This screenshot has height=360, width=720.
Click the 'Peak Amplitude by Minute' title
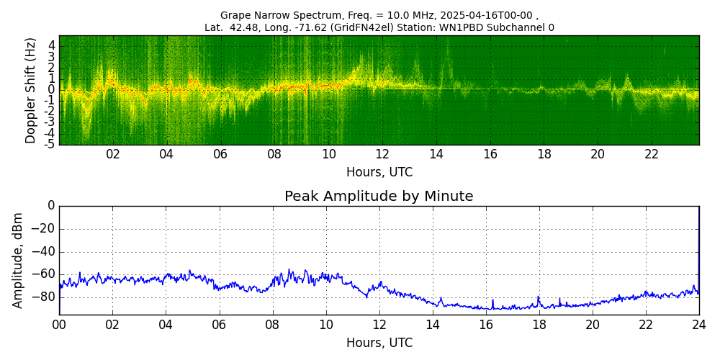379,197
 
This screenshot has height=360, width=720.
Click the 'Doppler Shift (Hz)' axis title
31,90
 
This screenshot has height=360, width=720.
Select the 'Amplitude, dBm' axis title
19,260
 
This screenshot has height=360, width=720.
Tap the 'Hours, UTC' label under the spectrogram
379,173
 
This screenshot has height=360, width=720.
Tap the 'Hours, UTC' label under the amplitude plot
379,343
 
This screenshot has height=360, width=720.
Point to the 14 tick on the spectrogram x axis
436,154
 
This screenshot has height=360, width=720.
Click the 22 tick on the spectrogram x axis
652,154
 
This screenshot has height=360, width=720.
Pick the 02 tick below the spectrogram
113,154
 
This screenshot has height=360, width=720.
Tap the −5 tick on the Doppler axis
50,144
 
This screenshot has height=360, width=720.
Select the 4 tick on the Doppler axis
52,45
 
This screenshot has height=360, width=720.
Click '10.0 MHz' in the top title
388,15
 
